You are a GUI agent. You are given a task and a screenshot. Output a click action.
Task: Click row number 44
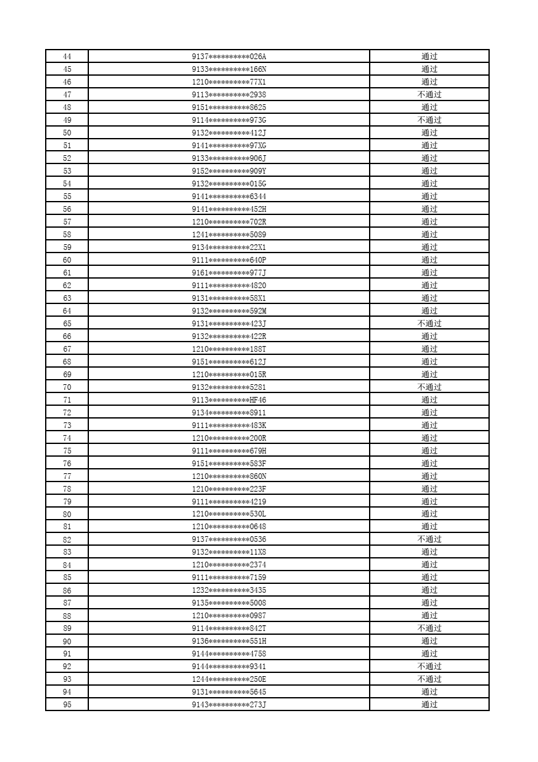click(67, 57)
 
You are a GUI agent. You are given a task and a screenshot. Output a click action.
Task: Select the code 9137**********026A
click(229, 57)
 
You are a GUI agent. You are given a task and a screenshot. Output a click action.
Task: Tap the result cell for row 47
click(429, 95)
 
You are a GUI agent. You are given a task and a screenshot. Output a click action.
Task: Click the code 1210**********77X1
click(229, 82)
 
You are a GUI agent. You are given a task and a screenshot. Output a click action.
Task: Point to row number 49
click(67, 120)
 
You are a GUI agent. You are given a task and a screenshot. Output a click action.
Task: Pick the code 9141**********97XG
click(229, 146)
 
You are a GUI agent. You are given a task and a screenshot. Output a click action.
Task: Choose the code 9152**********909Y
click(229, 171)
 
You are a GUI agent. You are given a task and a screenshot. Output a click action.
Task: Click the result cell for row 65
click(429, 324)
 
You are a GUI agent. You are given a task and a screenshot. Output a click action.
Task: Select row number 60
click(67, 260)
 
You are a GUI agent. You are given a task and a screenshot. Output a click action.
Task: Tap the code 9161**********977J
click(229, 273)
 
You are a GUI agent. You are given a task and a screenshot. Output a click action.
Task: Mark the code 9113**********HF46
click(229, 400)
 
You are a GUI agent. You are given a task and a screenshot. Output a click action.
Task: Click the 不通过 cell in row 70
click(429, 387)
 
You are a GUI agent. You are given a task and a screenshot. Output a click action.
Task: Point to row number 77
click(67, 476)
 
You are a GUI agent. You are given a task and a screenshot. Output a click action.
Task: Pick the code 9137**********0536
click(229, 539)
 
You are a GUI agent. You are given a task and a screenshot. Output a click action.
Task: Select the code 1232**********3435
click(229, 590)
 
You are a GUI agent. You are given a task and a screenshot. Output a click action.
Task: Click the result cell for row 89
click(429, 628)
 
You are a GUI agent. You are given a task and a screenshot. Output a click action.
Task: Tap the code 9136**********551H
click(229, 641)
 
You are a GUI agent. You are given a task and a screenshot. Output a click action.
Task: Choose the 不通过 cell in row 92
click(429, 667)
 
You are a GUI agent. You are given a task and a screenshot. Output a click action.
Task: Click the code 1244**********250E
click(229, 679)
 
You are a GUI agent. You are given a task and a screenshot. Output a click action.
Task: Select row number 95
click(67, 705)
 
